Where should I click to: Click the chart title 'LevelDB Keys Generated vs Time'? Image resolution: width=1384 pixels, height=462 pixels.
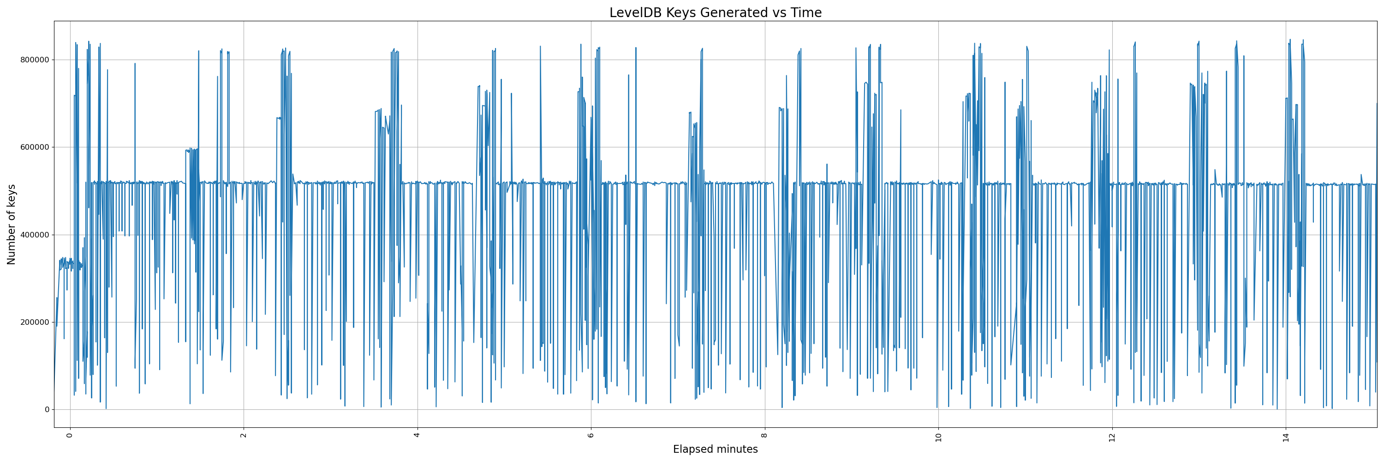click(715, 13)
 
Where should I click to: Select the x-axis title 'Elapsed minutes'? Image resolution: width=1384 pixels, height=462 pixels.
click(715, 450)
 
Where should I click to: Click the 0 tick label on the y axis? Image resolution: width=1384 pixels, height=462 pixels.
click(47, 410)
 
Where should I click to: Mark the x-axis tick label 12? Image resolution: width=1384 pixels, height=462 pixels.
click(1112, 437)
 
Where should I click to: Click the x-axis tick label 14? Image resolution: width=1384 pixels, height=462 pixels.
click(1286, 437)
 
